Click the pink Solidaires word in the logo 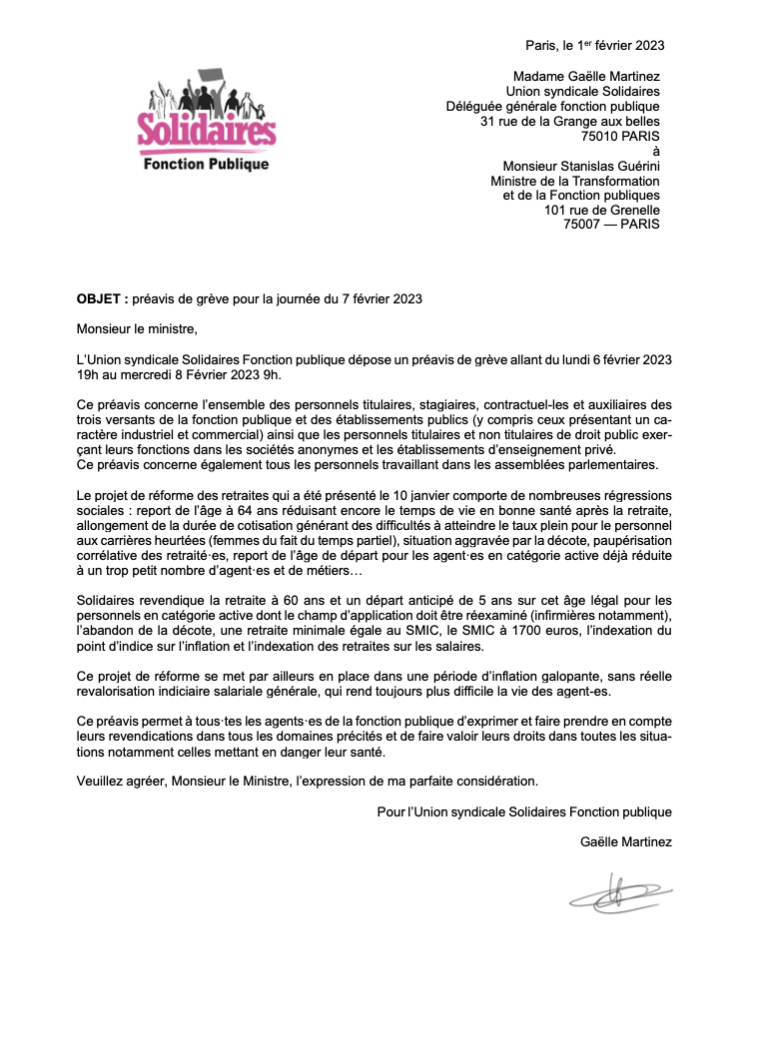pyautogui.click(x=207, y=131)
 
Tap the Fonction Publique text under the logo pyautogui.click(x=207, y=164)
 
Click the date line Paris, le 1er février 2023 pyautogui.click(x=594, y=45)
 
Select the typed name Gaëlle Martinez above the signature pyautogui.click(x=625, y=841)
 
